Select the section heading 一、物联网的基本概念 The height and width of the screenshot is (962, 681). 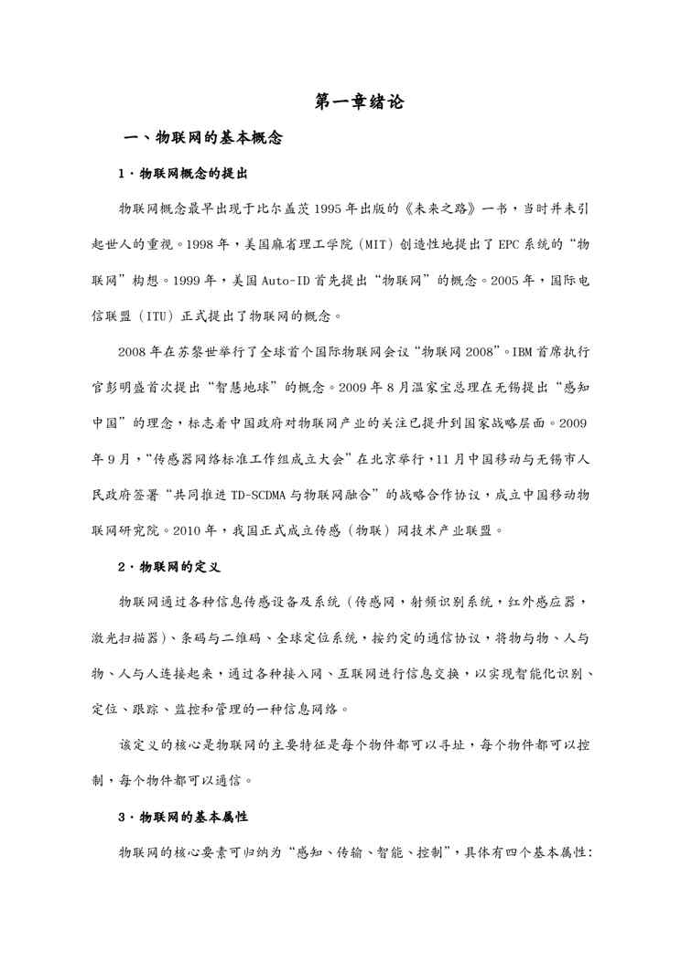(x=203, y=139)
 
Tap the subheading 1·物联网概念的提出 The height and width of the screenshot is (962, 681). (x=185, y=173)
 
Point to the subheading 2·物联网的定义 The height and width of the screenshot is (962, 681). (x=170, y=567)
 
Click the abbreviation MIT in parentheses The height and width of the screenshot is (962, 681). (x=355, y=246)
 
